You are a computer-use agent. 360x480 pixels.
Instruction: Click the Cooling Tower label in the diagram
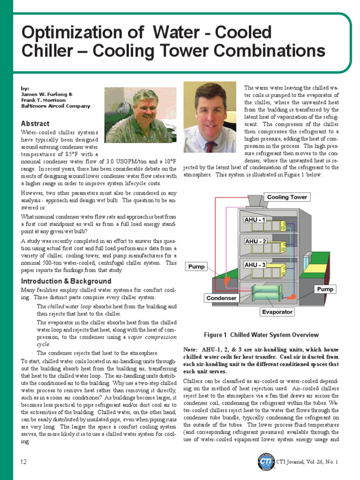[287, 197]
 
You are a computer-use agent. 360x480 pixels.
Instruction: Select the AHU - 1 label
[255, 219]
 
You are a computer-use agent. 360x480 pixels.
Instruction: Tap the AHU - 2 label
[255, 241]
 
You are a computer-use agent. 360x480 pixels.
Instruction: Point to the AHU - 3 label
[255, 265]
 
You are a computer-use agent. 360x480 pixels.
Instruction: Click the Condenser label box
[221, 298]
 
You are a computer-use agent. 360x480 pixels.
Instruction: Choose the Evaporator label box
[277, 312]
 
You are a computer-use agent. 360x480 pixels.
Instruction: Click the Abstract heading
[35, 123]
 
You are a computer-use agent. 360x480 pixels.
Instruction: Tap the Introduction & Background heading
[66, 281]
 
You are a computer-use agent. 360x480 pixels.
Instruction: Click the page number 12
[23, 462]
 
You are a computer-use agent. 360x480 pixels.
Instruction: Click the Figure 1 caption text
[261, 335]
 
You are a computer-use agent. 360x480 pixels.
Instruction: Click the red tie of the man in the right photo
[210, 146]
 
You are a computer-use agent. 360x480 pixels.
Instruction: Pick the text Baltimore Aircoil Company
[55, 106]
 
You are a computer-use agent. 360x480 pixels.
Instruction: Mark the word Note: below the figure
[191, 350]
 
